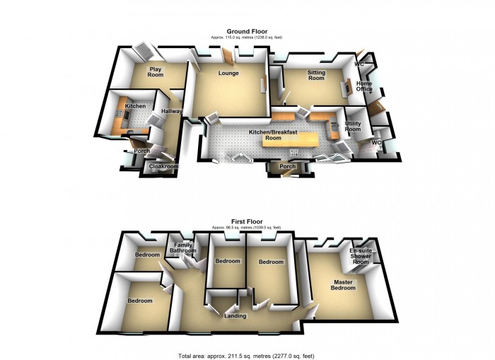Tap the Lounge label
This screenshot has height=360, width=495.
228,74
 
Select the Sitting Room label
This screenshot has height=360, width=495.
315,75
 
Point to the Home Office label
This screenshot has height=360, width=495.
364,86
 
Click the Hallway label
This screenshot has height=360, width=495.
172,111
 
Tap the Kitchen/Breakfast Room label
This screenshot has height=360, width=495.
270,135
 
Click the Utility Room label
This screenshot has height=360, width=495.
353,127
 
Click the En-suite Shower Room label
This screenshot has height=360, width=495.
361,256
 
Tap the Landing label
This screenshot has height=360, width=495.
235,315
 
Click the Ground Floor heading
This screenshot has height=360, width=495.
247,31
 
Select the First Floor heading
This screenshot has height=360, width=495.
247,221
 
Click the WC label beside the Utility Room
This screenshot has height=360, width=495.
376,142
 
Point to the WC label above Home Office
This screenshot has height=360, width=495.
359,64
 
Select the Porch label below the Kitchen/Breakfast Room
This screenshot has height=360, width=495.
287,168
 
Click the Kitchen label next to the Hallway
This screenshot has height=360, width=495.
135,106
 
